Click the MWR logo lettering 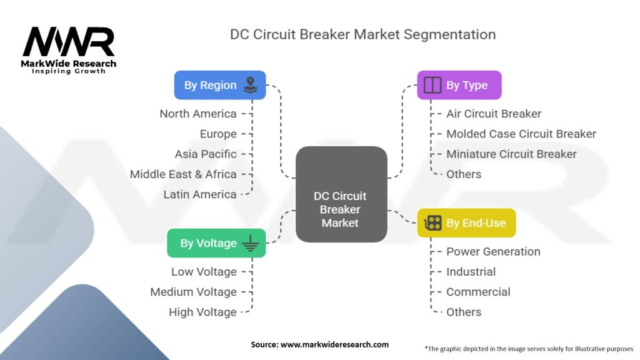click(69, 42)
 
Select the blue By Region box click(220, 85)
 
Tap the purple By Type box click(459, 85)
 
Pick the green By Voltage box click(216, 243)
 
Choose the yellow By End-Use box click(466, 223)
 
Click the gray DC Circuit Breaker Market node click(341, 194)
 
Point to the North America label click(198, 114)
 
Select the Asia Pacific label click(206, 154)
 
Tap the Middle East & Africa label click(183, 174)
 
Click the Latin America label click(200, 194)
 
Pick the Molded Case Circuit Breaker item click(521, 134)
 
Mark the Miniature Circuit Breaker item click(511, 154)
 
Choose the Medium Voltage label click(194, 292)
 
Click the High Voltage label click(203, 312)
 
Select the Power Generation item click(493, 251)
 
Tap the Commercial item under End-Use click(478, 292)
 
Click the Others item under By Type click(464, 174)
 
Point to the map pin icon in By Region click(250, 85)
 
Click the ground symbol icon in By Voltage click(250, 243)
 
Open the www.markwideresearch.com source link click(334, 344)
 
